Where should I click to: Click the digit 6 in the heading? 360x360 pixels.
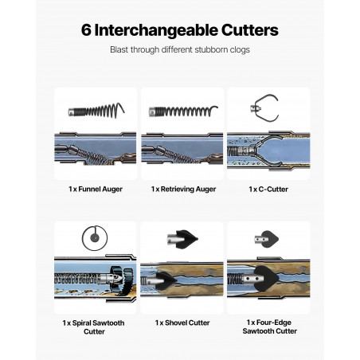click(x=86, y=30)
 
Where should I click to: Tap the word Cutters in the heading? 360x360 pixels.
click(x=250, y=30)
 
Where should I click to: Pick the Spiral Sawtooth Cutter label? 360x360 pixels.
click(x=94, y=327)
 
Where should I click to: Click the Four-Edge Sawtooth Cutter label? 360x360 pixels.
click(x=269, y=327)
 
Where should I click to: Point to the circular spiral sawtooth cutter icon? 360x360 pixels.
click(x=95, y=226)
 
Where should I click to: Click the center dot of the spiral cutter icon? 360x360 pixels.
click(x=95, y=237)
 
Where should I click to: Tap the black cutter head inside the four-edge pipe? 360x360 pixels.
click(x=267, y=279)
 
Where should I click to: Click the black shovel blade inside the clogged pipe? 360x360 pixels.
click(x=165, y=280)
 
